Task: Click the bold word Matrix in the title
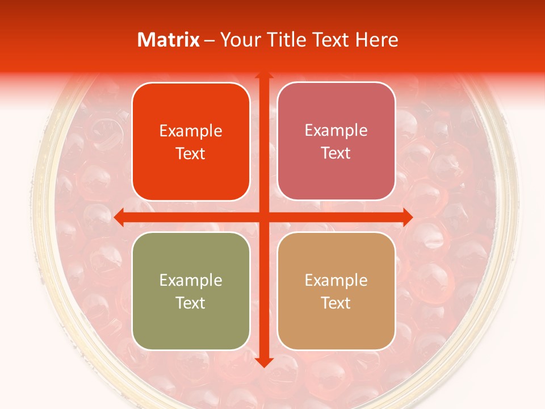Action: coord(169,40)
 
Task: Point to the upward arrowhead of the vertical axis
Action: coord(263,76)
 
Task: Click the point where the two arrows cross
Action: coord(263,216)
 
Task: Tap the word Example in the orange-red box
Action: coord(191,131)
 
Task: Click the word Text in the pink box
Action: coord(336,153)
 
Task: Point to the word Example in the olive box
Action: coord(191,280)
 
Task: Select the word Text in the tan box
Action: coord(336,303)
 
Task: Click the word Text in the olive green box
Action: coord(191,303)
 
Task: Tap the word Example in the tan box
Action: coord(336,280)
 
